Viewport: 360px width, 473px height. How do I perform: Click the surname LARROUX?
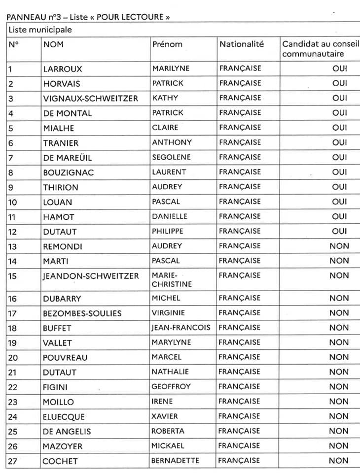[x=63, y=69]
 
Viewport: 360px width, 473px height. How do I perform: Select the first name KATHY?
[x=165, y=98]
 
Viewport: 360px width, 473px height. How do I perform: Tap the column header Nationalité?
[x=242, y=44]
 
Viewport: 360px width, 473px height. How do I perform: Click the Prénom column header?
[x=167, y=44]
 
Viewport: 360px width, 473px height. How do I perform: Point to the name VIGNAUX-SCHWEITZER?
[x=91, y=99]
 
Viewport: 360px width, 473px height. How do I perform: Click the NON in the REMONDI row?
[x=339, y=246]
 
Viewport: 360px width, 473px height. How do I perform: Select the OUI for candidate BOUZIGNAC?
[x=339, y=172]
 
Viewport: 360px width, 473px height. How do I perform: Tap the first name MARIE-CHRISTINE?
[x=172, y=280]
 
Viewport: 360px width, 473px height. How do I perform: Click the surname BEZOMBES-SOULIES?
[x=82, y=313]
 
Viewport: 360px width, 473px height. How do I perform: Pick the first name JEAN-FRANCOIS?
[x=181, y=328]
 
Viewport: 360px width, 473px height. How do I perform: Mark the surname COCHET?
[x=60, y=461]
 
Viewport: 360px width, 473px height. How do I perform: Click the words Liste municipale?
[x=40, y=30]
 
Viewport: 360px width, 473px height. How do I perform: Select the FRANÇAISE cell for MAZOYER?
[x=240, y=446]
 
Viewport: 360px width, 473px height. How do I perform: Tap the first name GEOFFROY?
[x=171, y=387]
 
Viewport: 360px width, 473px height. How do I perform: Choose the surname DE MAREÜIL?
[x=68, y=158]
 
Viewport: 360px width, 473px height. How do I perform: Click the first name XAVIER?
[x=165, y=416]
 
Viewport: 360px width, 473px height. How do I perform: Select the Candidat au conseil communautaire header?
[x=321, y=49]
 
